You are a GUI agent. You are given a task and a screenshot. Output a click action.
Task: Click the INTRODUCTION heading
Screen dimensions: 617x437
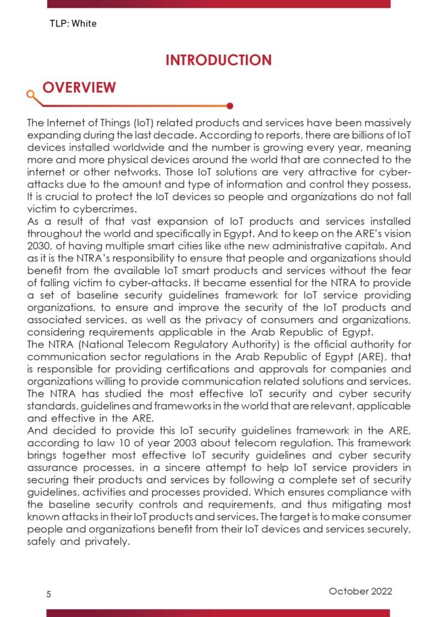pos(218,60)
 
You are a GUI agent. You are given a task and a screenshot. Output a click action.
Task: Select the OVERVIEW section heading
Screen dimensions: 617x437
pos(79,87)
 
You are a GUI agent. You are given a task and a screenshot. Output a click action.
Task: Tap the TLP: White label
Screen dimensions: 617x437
pos(73,24)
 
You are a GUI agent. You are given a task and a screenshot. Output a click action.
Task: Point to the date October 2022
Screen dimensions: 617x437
pos(360,591)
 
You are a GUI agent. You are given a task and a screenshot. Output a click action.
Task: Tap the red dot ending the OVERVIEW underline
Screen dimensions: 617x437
pos(230,106)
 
